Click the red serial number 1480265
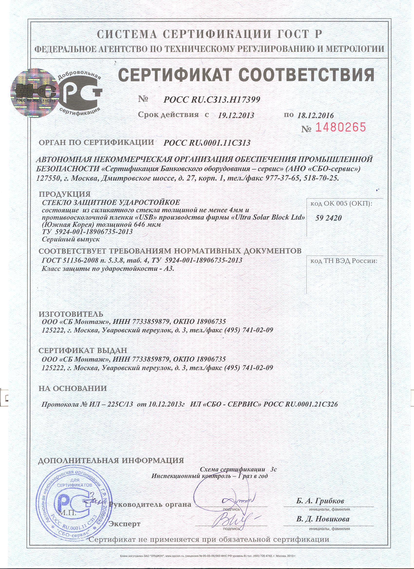click(x=339, y=128)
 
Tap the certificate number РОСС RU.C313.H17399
click(x=212, y=100)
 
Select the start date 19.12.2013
click(x=236, y=116)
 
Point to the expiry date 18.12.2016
click(x=315, y=116)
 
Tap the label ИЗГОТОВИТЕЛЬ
click(x=71, y=314)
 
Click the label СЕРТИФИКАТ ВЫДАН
click(x=83, y=350)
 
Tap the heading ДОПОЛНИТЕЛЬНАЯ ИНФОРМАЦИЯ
click(x=111, y=460)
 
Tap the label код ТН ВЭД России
click(x=343, y=261)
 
